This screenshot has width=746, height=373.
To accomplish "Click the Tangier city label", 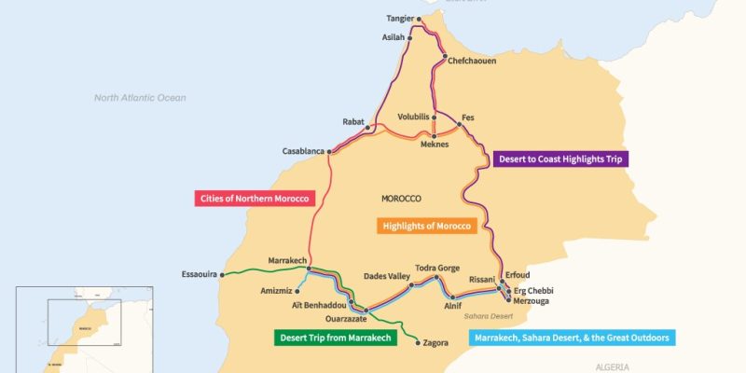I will [x=399, y=19].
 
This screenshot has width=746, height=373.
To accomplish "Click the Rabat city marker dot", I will [x=368, y=127].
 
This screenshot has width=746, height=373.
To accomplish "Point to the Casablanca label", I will [x=303, y=151].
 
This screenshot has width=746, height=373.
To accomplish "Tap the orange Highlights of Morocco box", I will [x=427, y=226].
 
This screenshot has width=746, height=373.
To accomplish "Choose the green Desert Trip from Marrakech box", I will [x=332, y=338].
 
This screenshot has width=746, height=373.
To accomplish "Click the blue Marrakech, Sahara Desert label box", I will [x=571, y=338].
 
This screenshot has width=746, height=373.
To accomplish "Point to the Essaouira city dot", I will [x=223, y=275].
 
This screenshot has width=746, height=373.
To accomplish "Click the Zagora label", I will [x=435, y=343].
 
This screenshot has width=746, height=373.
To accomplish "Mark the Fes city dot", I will [x=459, y=125].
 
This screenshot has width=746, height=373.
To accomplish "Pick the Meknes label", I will [x=435, y=145].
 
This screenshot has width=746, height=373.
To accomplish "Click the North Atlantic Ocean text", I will [x=140, y=98].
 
